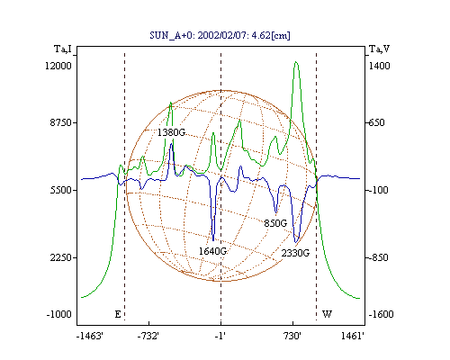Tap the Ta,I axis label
63,49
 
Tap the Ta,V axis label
379,49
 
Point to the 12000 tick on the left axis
58,66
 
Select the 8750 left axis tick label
61,122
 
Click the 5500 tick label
61,190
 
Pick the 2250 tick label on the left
61,257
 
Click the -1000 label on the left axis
59,314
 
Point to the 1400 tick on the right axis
379,66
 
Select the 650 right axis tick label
376,122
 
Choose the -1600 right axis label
381,314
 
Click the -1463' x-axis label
90,336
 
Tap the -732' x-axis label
148,336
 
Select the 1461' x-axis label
353,336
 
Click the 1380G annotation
171,132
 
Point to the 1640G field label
212,251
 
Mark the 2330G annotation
295,253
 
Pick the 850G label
275,223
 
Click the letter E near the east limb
118,314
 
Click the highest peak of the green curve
296,62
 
